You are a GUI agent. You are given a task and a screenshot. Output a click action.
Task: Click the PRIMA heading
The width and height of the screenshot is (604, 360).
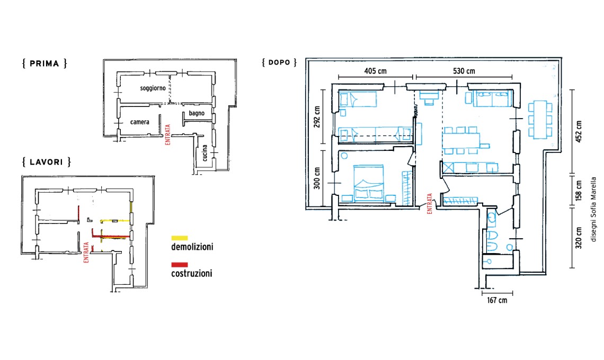45,64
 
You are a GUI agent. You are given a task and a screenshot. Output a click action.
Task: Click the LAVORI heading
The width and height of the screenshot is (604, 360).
47,162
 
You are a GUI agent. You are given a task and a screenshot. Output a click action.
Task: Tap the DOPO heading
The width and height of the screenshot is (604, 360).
279,62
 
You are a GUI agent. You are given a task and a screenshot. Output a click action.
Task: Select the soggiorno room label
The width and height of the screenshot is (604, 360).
153,88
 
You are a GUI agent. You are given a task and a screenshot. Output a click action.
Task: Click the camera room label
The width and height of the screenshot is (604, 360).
139,122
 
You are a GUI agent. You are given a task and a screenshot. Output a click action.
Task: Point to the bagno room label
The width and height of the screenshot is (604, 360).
197,113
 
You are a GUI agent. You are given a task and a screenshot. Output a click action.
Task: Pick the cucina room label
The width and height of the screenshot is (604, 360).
205,153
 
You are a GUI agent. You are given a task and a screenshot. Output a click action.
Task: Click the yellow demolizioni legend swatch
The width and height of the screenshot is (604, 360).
180,238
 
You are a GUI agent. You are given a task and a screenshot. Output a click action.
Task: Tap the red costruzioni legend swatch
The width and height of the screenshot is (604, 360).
180,265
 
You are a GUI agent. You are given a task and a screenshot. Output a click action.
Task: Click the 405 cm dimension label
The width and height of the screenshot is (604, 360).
375,71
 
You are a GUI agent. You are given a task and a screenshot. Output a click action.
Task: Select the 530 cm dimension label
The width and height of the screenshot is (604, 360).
464,71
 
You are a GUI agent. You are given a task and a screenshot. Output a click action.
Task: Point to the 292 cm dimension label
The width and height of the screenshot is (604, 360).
317,117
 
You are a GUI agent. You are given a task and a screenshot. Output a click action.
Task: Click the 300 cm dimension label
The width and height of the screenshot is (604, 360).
317,178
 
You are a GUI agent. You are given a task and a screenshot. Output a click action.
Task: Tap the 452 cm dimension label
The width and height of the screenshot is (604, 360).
579,132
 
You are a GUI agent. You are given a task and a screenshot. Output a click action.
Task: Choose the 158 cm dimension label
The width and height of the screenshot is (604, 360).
579,191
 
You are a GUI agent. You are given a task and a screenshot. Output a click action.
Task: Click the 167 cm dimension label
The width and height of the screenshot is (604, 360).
497,300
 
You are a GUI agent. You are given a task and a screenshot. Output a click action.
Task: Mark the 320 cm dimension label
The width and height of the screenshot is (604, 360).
579,238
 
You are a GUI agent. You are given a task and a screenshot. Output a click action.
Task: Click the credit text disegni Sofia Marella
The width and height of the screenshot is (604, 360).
593,210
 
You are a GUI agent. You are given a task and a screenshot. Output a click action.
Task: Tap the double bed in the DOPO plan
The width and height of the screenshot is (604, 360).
369,183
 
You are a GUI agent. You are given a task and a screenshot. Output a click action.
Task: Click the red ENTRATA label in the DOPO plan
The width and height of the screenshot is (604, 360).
430,204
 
